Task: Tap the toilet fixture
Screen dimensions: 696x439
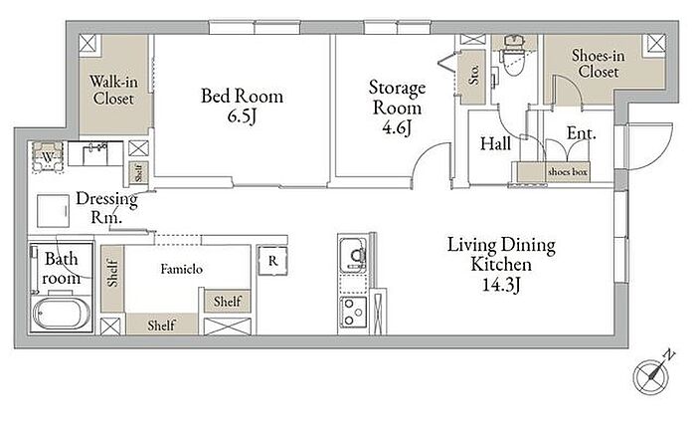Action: pos(513,55)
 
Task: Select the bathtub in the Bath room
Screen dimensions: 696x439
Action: pos(62,313)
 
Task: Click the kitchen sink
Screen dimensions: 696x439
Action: pos(353,255)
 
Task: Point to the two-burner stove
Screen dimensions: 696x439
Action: pos(353,313)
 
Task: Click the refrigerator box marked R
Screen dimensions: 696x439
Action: pos(272,261)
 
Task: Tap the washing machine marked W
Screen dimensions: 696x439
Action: pos(48,157)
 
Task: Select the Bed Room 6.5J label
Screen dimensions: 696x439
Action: pos(242,106)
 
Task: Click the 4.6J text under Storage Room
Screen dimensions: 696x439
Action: pos(397,128)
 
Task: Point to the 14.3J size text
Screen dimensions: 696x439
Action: pos(501,285)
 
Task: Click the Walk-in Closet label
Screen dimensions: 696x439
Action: pos(113,90)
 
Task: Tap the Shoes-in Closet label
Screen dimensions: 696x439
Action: pos(599,64)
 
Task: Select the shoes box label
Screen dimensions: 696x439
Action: pos(568,172)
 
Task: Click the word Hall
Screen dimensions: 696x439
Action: pos(495,143)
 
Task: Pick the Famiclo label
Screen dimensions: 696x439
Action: pos(182,269)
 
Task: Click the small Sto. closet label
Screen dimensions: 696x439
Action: pos(473,75)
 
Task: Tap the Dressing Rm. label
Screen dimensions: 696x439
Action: pos(106,207)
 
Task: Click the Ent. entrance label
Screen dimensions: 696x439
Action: pos(581,132)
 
